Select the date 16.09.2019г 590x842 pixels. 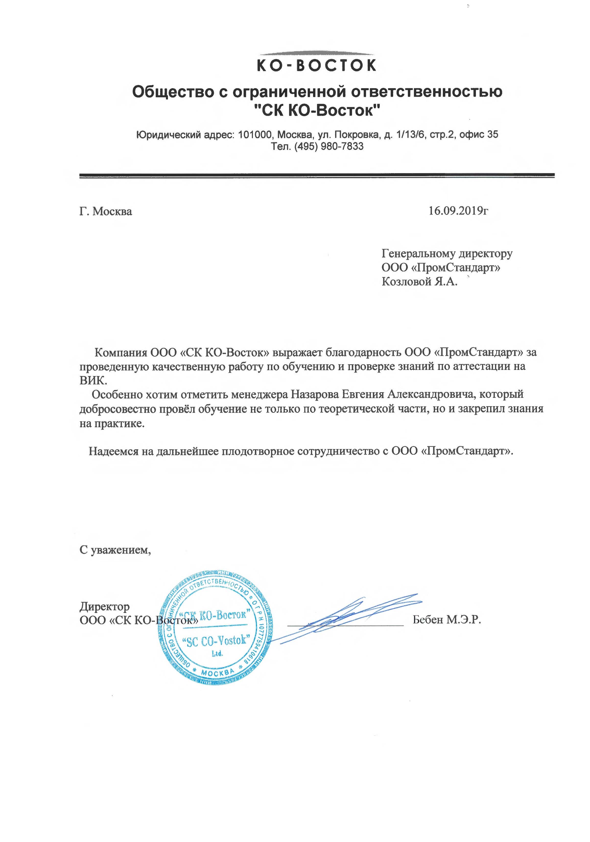pyautogui.click(x=459, y=211)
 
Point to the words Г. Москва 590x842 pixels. pyautogui.click(x=106, y=212)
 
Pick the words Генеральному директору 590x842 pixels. pyautogui.click(x=447, y=253)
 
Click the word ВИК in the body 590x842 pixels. pyautogui.click(x=93, y=380)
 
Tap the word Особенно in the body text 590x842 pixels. pyautogui.click(x=117, y=394)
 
